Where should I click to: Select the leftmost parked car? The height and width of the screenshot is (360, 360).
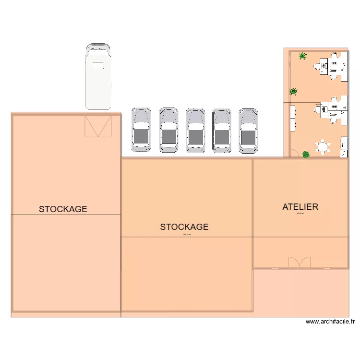(x=141, y=131)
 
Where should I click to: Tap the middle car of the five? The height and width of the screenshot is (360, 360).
(x=195, y=131)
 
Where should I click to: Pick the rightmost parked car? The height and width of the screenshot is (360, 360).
(x=248, y=131)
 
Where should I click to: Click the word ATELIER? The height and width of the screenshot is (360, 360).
(x=300, y=207)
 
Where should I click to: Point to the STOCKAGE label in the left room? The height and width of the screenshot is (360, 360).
(x=63, y=209)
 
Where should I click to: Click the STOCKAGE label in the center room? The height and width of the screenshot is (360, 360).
(x=184, y=227)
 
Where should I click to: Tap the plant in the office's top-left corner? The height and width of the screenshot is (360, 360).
(x=303, y=56)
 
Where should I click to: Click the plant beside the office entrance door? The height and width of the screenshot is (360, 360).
(x=306, y=154)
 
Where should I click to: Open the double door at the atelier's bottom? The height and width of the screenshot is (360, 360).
(x=300, y=262)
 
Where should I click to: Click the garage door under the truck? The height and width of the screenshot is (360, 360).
(x=98, y=127)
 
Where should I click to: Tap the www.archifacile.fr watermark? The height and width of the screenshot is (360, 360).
(x=330, y=322)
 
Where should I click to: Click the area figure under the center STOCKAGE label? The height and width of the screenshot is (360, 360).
(x=187, y=235)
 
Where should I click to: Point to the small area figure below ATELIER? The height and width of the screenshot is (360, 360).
(x=301, y=214)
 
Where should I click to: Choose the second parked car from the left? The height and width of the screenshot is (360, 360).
(x=169, y=131)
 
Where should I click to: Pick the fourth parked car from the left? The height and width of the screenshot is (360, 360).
(x=222, y=131)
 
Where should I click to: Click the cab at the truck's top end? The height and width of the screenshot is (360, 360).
(x=98, y=49)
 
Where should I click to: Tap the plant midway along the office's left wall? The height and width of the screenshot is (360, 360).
(x=293, y=91)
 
